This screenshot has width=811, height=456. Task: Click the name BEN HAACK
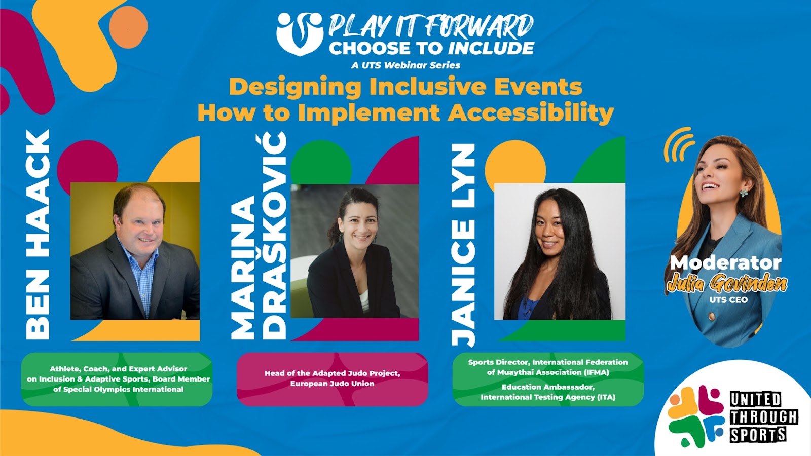point(38,235)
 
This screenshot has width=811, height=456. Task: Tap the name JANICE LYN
point(463,245)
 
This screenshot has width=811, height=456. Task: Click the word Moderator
point(725,263)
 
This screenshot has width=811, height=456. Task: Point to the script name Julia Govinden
point(727,283)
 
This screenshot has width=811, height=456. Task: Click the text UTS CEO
point(728,300)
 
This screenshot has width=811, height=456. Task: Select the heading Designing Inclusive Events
point(405,87)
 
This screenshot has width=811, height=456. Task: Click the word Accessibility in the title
point(531,113)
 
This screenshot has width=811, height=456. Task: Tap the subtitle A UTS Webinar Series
point(405,65)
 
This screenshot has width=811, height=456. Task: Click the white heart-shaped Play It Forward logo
point(300,34)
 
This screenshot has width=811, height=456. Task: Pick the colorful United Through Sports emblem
point(696,416)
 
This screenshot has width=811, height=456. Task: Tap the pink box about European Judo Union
point(333,379)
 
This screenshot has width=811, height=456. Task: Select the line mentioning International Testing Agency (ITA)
point(548,397)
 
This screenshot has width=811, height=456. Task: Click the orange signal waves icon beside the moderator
point(679,144)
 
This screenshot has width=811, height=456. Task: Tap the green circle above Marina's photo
point(321,163)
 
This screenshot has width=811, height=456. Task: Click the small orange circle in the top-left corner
point(128,27)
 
